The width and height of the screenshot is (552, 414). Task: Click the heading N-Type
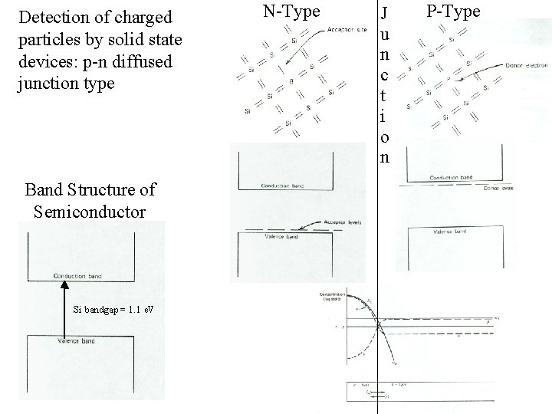(291, 11)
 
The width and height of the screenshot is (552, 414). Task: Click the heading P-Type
(452, 11)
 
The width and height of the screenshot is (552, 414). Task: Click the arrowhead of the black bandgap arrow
(65, 284)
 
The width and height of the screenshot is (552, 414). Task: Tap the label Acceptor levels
(342, 222)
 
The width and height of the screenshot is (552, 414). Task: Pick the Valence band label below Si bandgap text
(77, 340)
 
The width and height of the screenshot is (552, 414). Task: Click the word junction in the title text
(44, 82)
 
